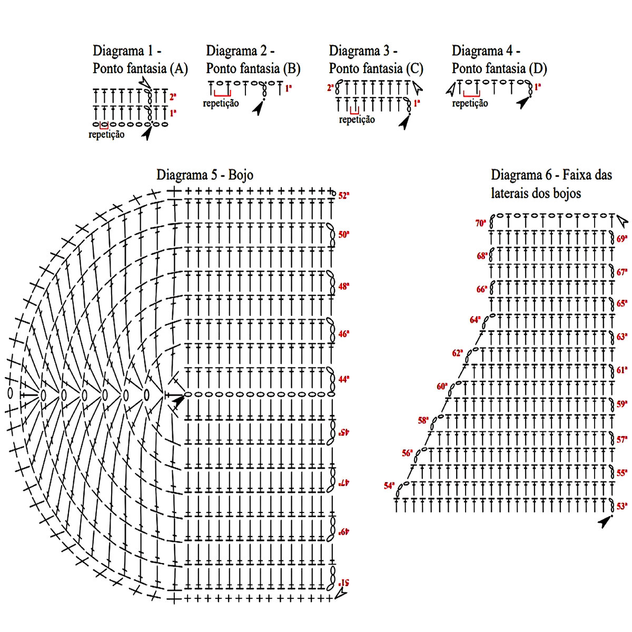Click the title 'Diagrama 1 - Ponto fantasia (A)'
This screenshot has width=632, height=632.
pos(140,60)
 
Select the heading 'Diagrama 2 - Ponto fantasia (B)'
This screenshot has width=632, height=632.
pos(253,60)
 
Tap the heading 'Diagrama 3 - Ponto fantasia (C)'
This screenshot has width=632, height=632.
pos(376,60)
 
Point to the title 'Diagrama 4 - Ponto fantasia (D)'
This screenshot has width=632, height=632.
pos(499,60)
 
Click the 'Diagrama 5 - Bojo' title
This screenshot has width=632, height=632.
pos(205,175)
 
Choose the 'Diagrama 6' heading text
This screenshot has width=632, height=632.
pos(551,184)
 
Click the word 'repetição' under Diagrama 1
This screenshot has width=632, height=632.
pos(106,134)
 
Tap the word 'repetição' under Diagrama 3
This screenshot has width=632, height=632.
pos(357,120)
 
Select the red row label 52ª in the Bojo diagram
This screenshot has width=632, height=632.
pos(344,195)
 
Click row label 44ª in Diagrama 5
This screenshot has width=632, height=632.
pos(344,379)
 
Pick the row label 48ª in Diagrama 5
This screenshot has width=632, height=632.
pos(344,287)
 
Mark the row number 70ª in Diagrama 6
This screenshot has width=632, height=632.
pos(480,223)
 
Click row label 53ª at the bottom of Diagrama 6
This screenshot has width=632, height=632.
pos(622,506)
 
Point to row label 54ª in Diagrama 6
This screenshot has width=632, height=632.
pos(389,486)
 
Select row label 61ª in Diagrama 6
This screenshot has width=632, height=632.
pos(622,370)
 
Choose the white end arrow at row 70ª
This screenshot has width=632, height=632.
pos(622,219)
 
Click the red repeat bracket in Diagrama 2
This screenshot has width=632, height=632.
pos(222,94)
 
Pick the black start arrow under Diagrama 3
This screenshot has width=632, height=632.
pos(404,123)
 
